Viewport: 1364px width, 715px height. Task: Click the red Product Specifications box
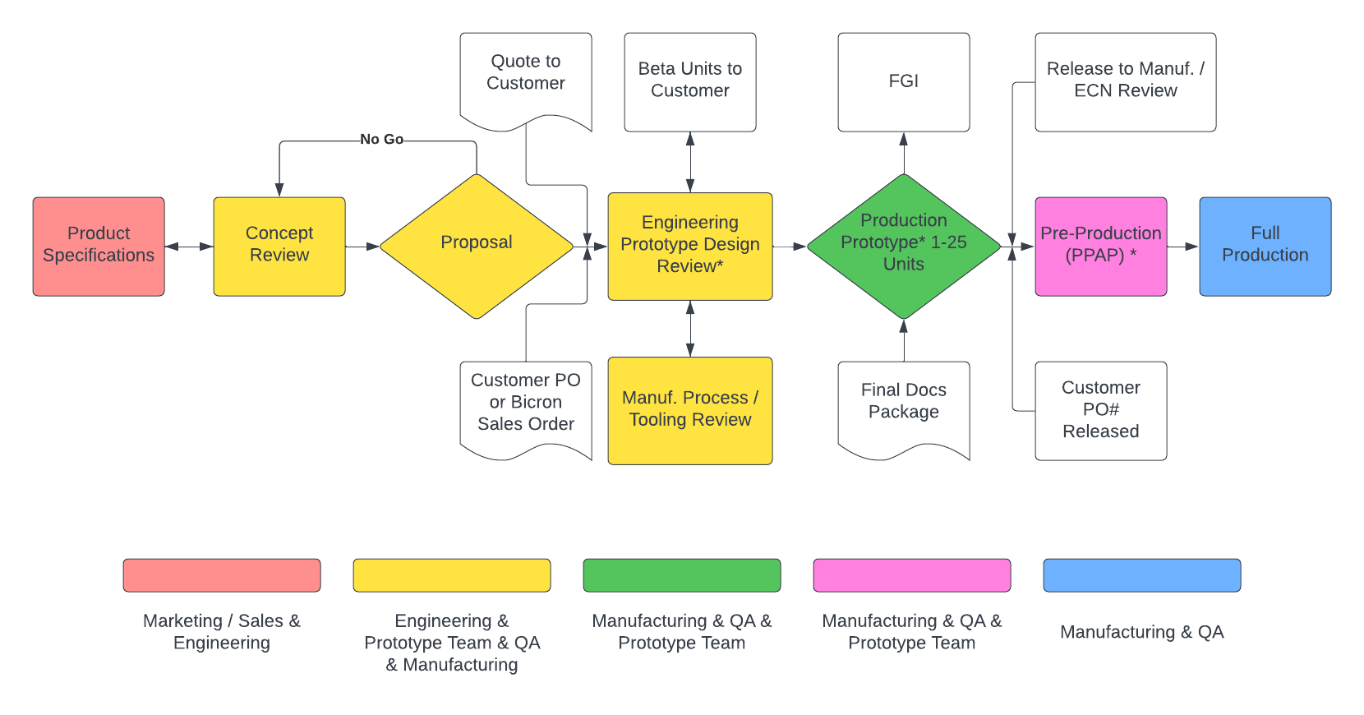pyautogui.click(x=99, y=246)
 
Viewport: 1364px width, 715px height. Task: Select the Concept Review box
pyautogui.click(x=279, y=246)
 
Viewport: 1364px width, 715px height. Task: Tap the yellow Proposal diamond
pyautogui.click(x=477, y=246)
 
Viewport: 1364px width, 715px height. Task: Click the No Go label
pyautogui.click(x=382, y=140)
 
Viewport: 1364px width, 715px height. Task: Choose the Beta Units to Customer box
pyautogui.click(x=690, y=81)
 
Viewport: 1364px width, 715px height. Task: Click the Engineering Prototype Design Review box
pyautogui.click(x=690, y=246)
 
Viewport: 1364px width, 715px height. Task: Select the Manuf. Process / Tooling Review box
pyautogui.click(x=690, y=410)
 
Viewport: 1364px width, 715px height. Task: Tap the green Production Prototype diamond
pyautogui.click(x=904, y=246)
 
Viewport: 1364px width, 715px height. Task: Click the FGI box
pyautogui.click(x=904, y=81)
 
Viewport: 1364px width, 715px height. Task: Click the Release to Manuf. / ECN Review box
pyautogui.click(x=1126, y=81)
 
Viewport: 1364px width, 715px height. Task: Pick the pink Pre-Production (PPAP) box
pyautogui.click(x=1101, y=246)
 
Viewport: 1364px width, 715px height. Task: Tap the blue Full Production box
pyautogui.click(x=1265, y=246)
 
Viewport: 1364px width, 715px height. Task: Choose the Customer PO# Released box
pyautogui.click(x=1101, y=410)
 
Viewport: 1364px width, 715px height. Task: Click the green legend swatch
pyautogui.click(x=682, y=575)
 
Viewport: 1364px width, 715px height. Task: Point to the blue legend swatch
pyautogui.click(x=1142, y=575)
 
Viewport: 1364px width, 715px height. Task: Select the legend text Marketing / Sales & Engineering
pyautogui.click(x=222, y=632)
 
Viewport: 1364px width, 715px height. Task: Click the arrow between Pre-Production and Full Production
pyautogui.click(x=1183, y=247)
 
